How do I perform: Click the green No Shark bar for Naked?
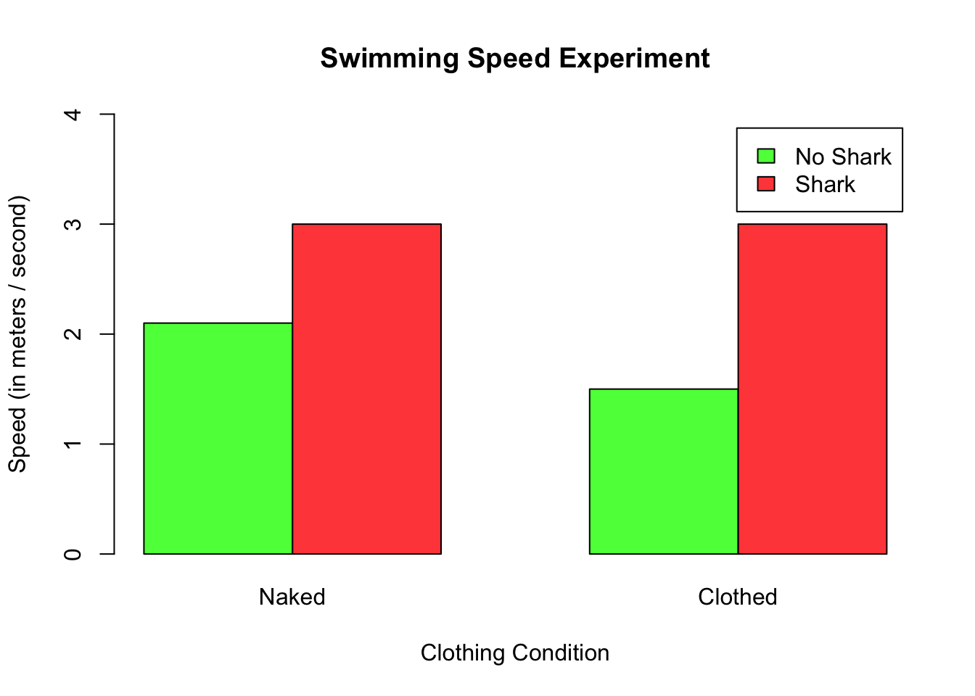tap(218, 438)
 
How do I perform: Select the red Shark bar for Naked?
tap(366, 389)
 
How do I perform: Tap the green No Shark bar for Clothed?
tap(663, 471)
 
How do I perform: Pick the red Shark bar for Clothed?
tap(812, 389)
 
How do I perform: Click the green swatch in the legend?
tap(766, 156)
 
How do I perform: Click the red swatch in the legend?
tap(766, 184)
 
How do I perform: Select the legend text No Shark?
tap(843, 157)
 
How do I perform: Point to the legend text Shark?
tap(825, 185)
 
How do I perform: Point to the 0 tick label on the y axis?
tap(73, 555)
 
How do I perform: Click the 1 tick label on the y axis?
tap(73, 444)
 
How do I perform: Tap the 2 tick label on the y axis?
tap(73, 334)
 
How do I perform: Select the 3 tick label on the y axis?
tap(73, 224)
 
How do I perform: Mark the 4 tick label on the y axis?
tap(73, 115)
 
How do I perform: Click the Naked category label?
tap(292, 597)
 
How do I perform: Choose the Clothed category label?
tap(737, 597)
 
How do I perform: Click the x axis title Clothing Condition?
tap(514, 652)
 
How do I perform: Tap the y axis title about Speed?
tap(17, 333)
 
